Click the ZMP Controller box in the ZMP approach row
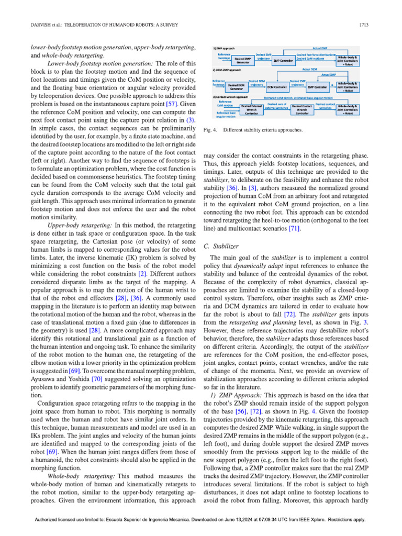click(283, 60)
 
